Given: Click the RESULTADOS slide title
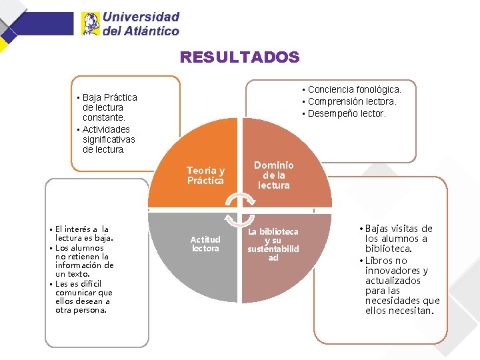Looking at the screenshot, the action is pos(239,57).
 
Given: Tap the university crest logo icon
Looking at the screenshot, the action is pos(90,23).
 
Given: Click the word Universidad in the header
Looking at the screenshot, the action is pos(141,17).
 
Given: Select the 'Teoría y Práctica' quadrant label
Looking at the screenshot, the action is pos(205,175).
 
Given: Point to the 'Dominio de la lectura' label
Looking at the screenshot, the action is pos(273,175).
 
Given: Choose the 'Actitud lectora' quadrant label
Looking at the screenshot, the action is pos(205,244).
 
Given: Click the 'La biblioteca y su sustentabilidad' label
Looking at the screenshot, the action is pos(273,244).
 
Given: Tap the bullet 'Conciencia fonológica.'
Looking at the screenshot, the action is pos(354,89).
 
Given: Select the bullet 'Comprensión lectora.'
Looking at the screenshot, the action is pos(351,101).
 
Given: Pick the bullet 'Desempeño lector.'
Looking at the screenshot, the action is pos(346,113).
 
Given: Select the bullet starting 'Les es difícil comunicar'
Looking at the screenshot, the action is pos(83,297).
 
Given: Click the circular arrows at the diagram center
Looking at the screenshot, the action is pos(239,210).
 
